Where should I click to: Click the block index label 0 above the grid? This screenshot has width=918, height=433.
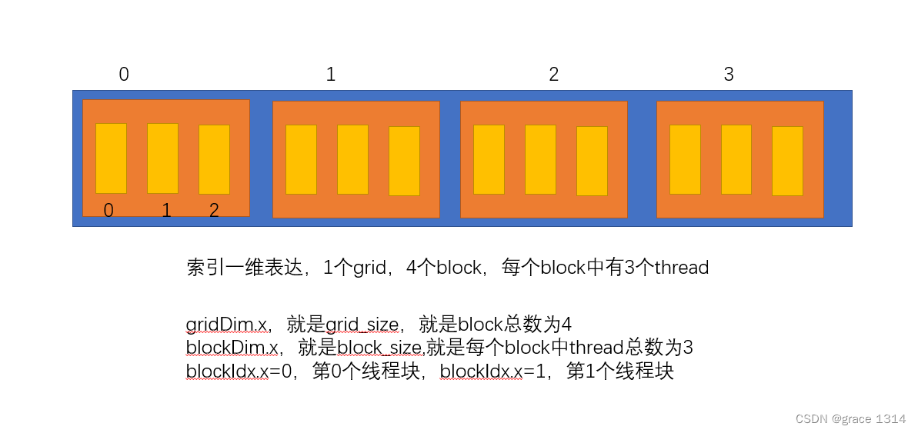coord(124,75)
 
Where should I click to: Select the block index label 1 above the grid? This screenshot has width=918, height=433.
coord(331,75)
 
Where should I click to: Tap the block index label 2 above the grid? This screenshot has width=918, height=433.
coord(553,75)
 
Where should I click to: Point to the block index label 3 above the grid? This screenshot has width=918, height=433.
coord(729,75)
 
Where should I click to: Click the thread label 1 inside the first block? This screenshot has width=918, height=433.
coord(166,211)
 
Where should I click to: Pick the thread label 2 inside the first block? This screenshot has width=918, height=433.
coord(214,211)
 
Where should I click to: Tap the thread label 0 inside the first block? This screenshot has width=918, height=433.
coord(108,211)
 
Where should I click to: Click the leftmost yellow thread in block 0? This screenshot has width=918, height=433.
coord(111,158)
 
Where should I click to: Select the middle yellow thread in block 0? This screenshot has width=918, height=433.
coord(162,158)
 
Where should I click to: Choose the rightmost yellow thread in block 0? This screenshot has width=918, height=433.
coord(214,159)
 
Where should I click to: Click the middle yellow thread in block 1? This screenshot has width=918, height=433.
coord(352,159)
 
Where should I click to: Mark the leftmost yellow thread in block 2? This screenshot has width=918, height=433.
coord(489,159)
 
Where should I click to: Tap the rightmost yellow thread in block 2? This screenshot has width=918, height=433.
coord(592,161)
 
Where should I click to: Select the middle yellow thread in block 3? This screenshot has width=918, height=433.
coord(736,159)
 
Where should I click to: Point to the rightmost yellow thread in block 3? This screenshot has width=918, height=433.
coord(787,161)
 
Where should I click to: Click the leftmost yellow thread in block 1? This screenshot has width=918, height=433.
coord(301,159)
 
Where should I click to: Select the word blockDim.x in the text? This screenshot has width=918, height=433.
coord(232,348)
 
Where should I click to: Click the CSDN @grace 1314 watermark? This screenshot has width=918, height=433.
coord(850,418)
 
